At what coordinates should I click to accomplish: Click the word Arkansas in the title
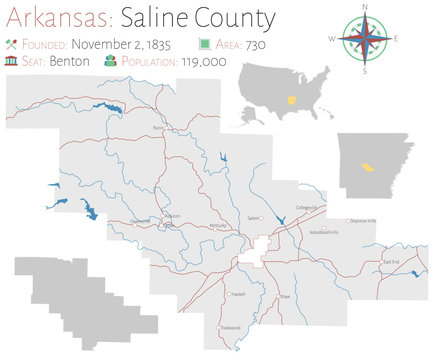(x=52, y=19)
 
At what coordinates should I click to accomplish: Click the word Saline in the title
(x=147, y=19)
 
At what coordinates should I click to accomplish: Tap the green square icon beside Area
(x=204, y=45)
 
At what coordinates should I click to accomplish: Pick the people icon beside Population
(x=110, y=61)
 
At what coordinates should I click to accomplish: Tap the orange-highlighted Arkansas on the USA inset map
(x=291, y=101)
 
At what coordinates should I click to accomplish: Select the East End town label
(x=391, y=263)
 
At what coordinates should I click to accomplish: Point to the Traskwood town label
(x=231, y=327)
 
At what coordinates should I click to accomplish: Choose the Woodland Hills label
(x=325, y=231)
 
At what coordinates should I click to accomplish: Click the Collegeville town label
(x=306, y=208)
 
